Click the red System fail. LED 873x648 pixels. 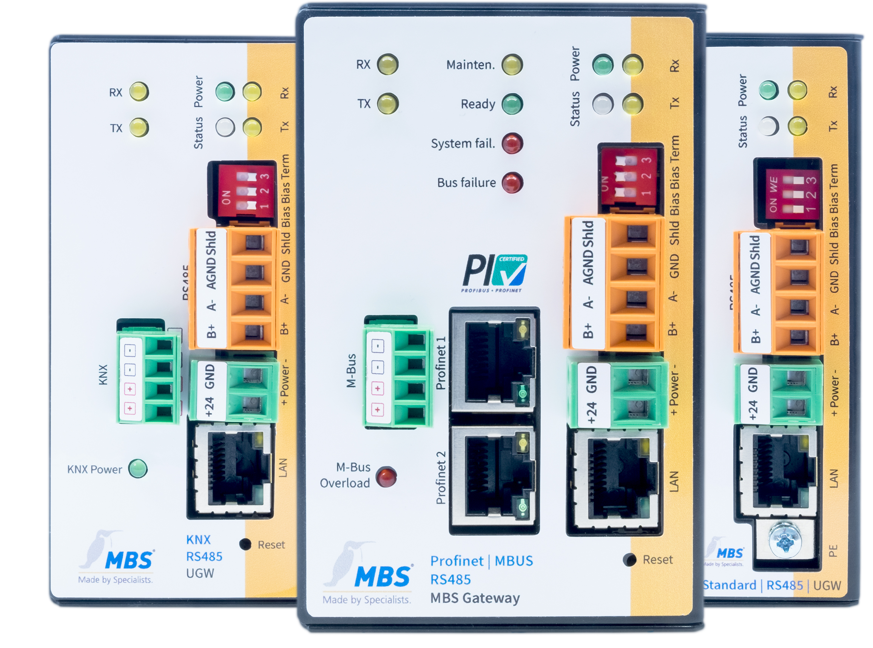512,143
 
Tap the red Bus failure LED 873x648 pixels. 512,183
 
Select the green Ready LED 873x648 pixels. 512,104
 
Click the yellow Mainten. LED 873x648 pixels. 512,65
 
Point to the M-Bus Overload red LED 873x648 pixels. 386,477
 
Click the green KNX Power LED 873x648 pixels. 138,468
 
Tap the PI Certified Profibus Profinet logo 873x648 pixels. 495,273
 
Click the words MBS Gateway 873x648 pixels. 475,598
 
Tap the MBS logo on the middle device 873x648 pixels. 383,577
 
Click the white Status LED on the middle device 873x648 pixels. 602,104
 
